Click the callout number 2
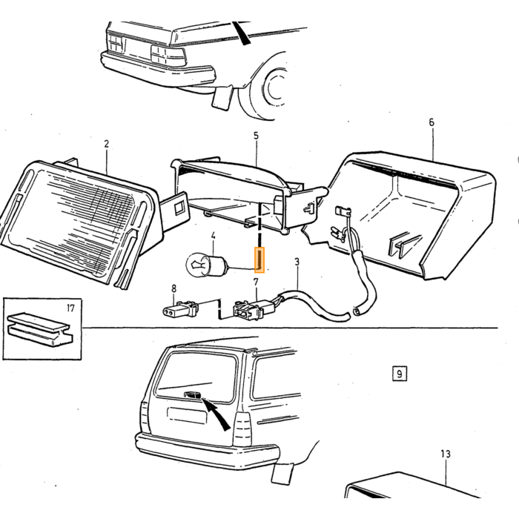pyautogui.click(x=106, y=144)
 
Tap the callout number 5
pyautogui.click(x=257, y=136)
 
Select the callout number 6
pyautogui.click(x=432, y=122)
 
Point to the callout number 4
pyautogui.click(x=214, y=236)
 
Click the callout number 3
pyautogui.click(x=297, y=262)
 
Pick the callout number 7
pyautogui.click(x=256, y=282)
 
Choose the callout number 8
pyautogui.click(x=174, y=288)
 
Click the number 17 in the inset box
pyautogui.click(x=70, y=308)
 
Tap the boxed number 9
pyautogui.click(x=400, y=374)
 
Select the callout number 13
pyautogui.click(x=446, y=454)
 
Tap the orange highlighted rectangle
pyautogui.click(x=259, y=260)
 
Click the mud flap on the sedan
pyautogui.click(x=222, y=98)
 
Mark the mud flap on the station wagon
pyautogui.click(x=282, y=473)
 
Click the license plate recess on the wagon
pyautogui.click(x=188, y=415)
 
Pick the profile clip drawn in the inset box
pyautogui.click(x=40, y=330)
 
